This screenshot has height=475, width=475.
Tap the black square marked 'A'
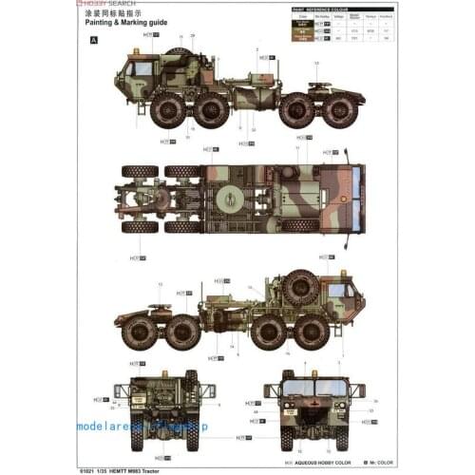coord(93,40)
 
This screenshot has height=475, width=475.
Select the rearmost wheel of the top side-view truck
coord(339,109)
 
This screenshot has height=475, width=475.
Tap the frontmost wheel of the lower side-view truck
coord(311,332)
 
